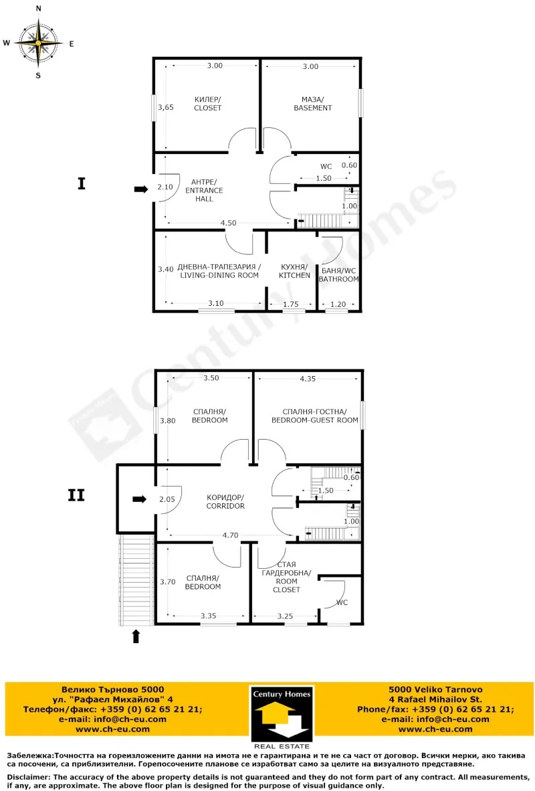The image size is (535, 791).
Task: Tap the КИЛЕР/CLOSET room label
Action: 207,103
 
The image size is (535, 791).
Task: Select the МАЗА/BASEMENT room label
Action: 312,103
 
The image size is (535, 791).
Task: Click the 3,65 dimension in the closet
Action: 165,107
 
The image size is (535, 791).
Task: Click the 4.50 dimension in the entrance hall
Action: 228,223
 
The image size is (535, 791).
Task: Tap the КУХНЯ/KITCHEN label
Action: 294,271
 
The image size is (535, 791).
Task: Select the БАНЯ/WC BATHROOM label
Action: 339,274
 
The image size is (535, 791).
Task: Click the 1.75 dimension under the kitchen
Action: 290,304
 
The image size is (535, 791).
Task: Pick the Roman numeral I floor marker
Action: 82,183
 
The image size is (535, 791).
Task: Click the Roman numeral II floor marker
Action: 76,495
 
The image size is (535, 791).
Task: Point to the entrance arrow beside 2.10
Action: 140,189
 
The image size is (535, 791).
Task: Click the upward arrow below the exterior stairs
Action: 136,636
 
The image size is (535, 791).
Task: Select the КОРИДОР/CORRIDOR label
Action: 225,501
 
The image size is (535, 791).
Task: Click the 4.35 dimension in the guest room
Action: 308,379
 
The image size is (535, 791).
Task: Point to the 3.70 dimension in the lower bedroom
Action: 167,582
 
